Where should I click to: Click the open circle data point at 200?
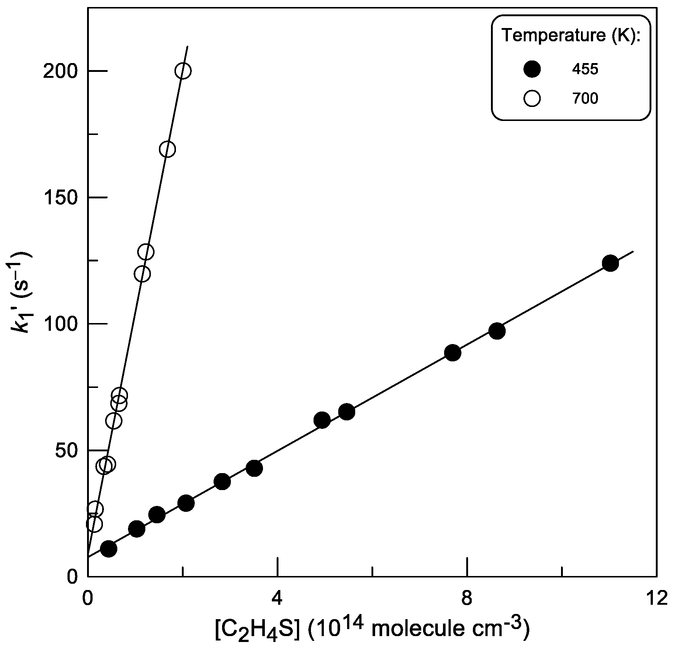[183, 71]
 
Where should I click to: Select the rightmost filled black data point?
[610, 263]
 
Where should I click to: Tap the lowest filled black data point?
[108, 549]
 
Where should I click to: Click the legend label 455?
[585, 69]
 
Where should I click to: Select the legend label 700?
[585, 99]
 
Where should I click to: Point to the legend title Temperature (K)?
[571, 35]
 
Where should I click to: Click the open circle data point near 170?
[167, 149]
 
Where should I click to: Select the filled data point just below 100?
[497, 331]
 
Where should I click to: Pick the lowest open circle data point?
[94, 524]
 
